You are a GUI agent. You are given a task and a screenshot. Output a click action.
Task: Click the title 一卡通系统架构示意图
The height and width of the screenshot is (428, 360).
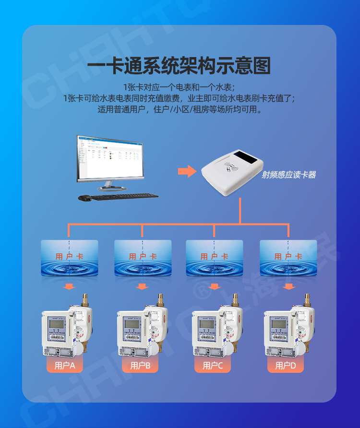179,66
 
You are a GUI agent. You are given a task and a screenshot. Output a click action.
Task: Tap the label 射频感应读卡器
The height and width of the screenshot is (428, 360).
288,175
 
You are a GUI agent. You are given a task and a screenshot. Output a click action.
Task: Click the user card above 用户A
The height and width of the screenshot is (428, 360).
70,258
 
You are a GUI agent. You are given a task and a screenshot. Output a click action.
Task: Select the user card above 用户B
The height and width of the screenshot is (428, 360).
143,258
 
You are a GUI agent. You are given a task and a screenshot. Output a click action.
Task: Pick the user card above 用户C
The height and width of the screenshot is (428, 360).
214,258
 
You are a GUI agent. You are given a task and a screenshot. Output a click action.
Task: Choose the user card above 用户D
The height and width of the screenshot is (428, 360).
288,258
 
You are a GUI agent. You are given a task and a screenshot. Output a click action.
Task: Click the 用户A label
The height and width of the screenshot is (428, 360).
65,366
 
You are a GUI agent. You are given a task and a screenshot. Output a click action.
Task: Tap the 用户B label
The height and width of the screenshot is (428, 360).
140,366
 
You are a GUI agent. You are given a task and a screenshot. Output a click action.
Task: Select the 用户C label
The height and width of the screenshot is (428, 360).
213,366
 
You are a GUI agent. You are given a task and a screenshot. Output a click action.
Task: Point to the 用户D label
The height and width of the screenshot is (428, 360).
286,366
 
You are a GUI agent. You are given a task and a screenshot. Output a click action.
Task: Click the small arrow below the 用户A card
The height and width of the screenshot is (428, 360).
70,287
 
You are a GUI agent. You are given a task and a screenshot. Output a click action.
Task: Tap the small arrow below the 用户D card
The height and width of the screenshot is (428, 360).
288,287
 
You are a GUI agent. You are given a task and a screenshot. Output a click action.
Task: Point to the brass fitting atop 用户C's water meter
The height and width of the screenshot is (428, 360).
235,300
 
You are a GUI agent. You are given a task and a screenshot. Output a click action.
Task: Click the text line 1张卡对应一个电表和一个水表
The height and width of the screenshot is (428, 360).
179,88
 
